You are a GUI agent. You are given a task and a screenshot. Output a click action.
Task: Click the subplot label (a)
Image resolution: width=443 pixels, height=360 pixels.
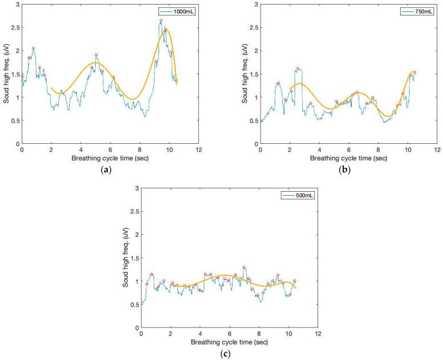110,169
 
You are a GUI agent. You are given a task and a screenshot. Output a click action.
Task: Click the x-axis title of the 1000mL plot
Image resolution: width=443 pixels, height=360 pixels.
110,157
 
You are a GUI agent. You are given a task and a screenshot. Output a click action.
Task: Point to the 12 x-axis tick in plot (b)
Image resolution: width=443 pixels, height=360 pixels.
437,149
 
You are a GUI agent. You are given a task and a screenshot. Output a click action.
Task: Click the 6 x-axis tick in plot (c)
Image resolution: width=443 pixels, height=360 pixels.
229,334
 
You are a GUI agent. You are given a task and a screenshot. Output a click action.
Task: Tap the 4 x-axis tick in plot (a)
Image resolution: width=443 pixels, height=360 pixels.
81,149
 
